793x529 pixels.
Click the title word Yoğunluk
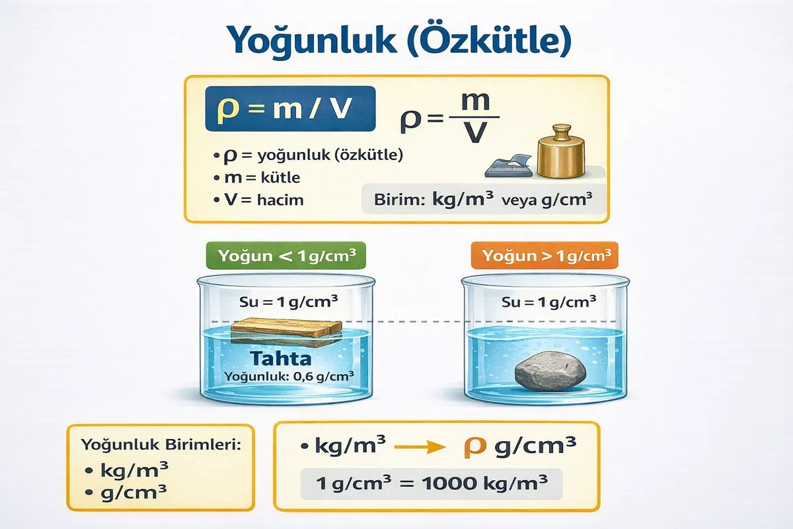point(301,41)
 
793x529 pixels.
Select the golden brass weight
point(563,151)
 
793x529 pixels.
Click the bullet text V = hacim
point(261,199)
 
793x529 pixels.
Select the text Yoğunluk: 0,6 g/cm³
point(289,378)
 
